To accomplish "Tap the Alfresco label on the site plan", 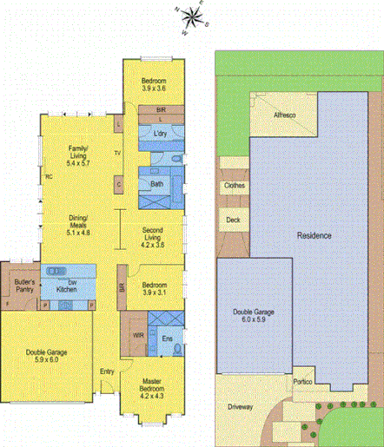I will [x=284, y=115].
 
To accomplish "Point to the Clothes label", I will [x=235, y=185].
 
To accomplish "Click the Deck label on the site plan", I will [x=233, y=220].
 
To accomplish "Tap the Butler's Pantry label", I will [x=24, y=286].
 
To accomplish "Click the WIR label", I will [x=137, y=334].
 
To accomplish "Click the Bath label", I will [x=156, y=184].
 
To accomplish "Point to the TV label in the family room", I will [x=117, y=153].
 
